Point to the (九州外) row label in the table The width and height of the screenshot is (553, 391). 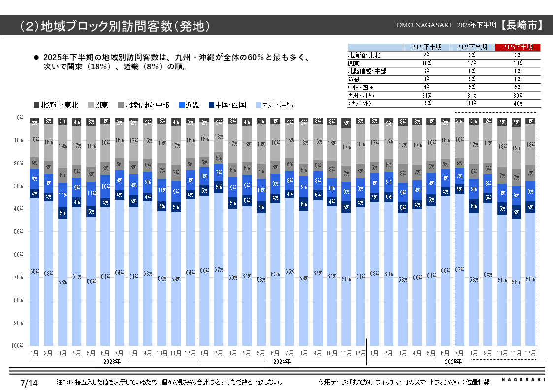point(360,103)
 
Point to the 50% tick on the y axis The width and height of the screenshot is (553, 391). point(19,231)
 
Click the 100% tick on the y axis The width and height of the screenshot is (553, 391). point(18,346)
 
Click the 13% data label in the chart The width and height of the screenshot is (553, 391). point(219,137)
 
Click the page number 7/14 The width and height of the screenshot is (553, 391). point(29,383)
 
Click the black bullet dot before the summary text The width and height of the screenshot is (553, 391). point(35,58)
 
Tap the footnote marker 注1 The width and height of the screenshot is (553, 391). point(62,382)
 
